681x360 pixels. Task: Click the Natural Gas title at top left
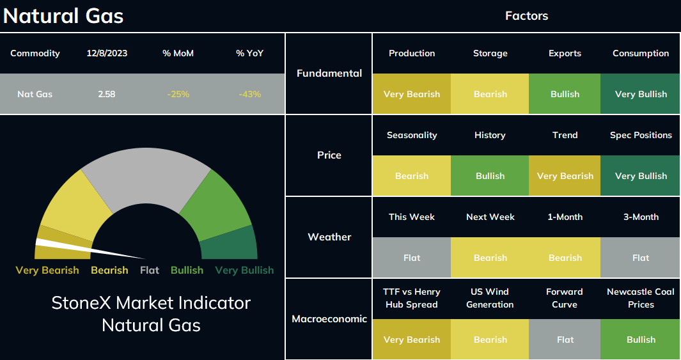63,16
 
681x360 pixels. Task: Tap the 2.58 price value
106,94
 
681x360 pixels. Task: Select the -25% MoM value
178,94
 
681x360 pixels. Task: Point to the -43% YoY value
250,94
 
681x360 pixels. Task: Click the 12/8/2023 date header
107,54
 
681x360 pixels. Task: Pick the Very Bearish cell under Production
412,94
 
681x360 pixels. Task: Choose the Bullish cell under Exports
565,94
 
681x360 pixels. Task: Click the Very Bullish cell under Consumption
640,94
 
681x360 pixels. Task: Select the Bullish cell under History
490,175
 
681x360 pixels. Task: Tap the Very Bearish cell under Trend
565,175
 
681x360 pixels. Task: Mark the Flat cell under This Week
412,258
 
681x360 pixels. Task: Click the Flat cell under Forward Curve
565,339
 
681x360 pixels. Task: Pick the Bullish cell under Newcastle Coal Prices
640,339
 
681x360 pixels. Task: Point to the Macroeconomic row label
329,318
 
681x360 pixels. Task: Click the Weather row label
329,237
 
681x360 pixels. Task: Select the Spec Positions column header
641,135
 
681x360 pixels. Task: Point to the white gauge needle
90,249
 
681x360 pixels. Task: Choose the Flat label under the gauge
150,270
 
